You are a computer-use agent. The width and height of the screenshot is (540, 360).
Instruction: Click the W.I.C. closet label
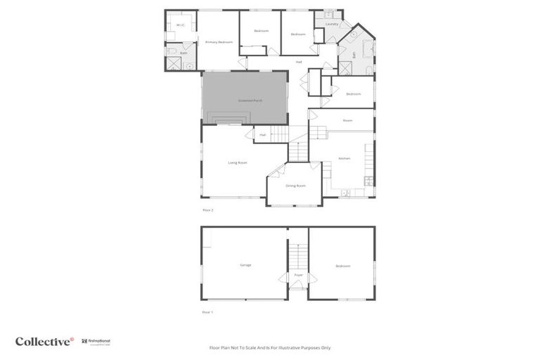click(181, 25)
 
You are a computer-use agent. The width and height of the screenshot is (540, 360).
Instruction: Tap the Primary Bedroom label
click(219, 43)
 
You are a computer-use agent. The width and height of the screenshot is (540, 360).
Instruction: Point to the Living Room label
click(238, 162)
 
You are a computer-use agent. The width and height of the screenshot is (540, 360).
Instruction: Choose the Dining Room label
click(295, 186)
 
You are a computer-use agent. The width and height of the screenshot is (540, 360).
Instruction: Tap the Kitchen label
click(345, 158)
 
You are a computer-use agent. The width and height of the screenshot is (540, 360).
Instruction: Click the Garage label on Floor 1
click(245, 265)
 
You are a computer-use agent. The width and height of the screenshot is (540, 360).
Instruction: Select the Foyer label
click(298, 275)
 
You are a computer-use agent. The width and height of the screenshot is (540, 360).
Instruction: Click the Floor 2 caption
click(207, 210)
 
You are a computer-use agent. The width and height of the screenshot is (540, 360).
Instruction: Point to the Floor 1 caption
click(207, 311)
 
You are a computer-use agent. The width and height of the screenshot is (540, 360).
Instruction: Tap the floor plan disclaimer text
click(270, 347)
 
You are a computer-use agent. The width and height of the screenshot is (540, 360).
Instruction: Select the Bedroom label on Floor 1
click(342, 266)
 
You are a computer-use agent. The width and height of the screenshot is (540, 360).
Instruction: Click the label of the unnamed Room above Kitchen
click(347, 120)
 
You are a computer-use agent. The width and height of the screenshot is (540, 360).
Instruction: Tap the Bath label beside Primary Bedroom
click(184, 53)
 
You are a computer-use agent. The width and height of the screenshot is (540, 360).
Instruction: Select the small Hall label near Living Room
click(262, 134)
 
